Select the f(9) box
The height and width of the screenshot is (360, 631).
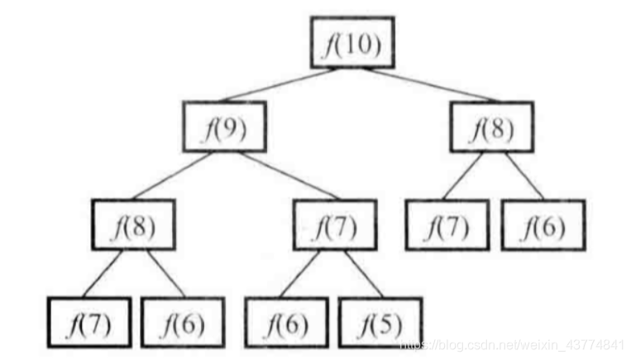click(224, 129)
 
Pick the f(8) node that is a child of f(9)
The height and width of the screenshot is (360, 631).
click(134, 225)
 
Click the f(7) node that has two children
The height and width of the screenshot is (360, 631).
click(335, 225)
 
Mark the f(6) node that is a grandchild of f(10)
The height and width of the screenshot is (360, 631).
click(543, 225)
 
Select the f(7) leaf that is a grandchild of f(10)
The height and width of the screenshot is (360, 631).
click(447, 225)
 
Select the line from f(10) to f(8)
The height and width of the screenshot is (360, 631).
click(422, 86)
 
